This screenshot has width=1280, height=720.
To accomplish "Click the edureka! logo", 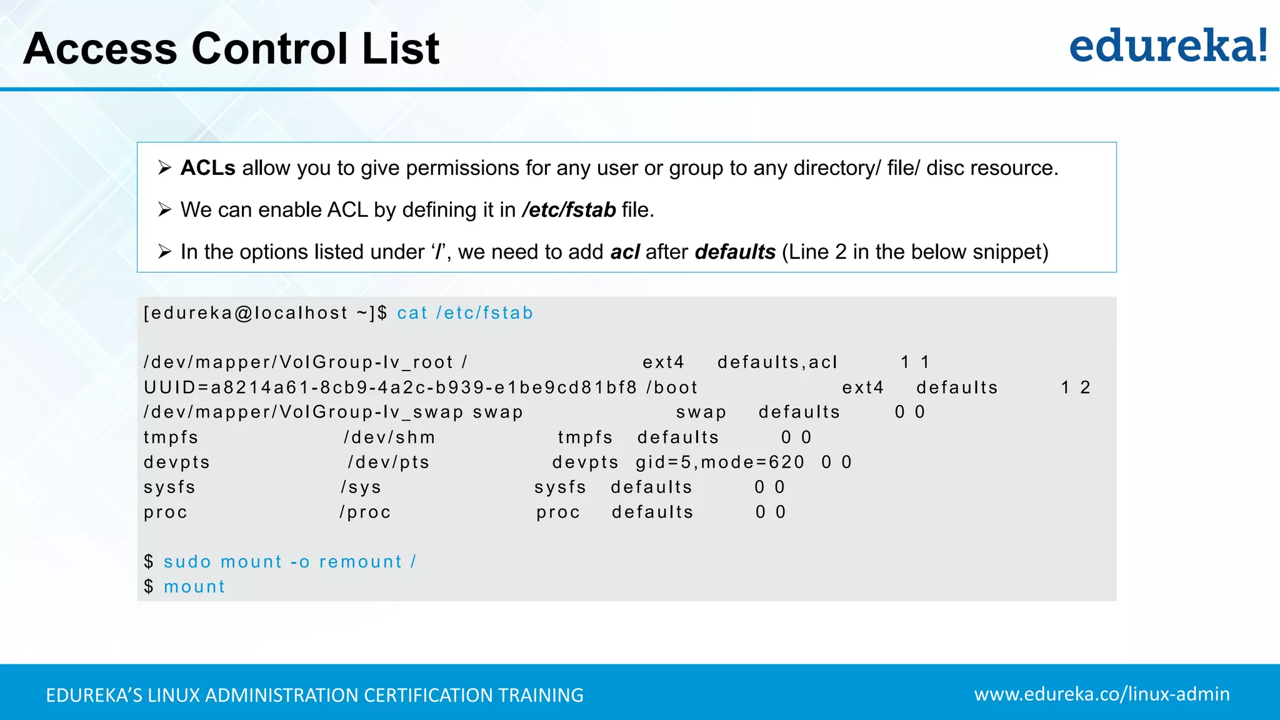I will (1167, 46).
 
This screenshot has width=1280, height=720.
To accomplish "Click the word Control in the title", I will (269, 49).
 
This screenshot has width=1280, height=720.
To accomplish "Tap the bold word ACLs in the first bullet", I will (207, 168).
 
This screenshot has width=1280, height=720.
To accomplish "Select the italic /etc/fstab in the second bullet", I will (569, 210).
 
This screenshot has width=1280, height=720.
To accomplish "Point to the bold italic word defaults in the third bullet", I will (735, 252).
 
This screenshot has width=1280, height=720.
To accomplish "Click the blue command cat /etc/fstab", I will (465, 313).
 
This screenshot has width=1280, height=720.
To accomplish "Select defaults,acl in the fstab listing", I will (777, 362).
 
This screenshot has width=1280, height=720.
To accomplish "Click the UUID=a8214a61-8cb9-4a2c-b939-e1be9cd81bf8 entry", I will (390, 387).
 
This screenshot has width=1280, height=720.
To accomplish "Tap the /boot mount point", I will (672, 387).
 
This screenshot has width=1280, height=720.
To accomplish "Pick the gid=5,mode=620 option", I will (720, 462).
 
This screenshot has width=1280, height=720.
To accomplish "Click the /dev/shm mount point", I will (389, 437).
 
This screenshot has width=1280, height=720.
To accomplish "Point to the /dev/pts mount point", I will (389, 462).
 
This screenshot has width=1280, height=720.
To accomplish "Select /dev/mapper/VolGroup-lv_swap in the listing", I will (303, 412).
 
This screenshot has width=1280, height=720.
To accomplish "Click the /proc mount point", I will (365, 512).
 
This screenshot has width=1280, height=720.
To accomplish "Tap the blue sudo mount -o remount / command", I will (290, 562).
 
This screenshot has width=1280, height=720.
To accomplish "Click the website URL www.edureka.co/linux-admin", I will (1101, 694).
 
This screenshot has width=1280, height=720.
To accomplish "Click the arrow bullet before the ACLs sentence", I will (164, 167).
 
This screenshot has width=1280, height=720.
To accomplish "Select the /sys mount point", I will (361, 487).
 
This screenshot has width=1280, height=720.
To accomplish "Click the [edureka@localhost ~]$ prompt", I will (266, 313).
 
